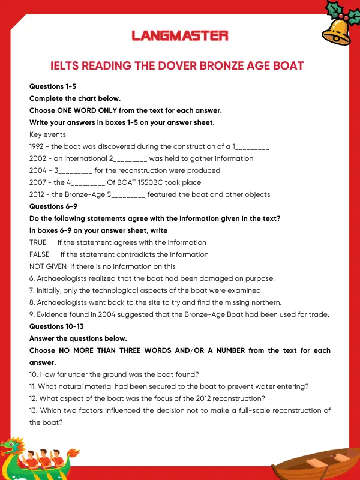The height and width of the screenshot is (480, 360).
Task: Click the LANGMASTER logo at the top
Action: click(x=180, y=36)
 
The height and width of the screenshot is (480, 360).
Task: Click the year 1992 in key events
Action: click(x=37, y=146)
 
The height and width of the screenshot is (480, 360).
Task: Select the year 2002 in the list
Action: click(x=37, y=158)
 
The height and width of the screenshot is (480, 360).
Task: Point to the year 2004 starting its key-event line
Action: click(x=37, y=170)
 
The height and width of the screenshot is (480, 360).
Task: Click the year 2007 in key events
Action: click(x=37, y=182)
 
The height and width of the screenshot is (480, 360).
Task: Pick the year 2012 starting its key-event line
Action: click(x=37, y=194)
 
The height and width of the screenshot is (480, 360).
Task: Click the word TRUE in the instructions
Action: click(x=38, y=242)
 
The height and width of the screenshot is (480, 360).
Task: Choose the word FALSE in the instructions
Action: click(x=39, y=254)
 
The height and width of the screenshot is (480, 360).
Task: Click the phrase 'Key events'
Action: click(x=47, y=134)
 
